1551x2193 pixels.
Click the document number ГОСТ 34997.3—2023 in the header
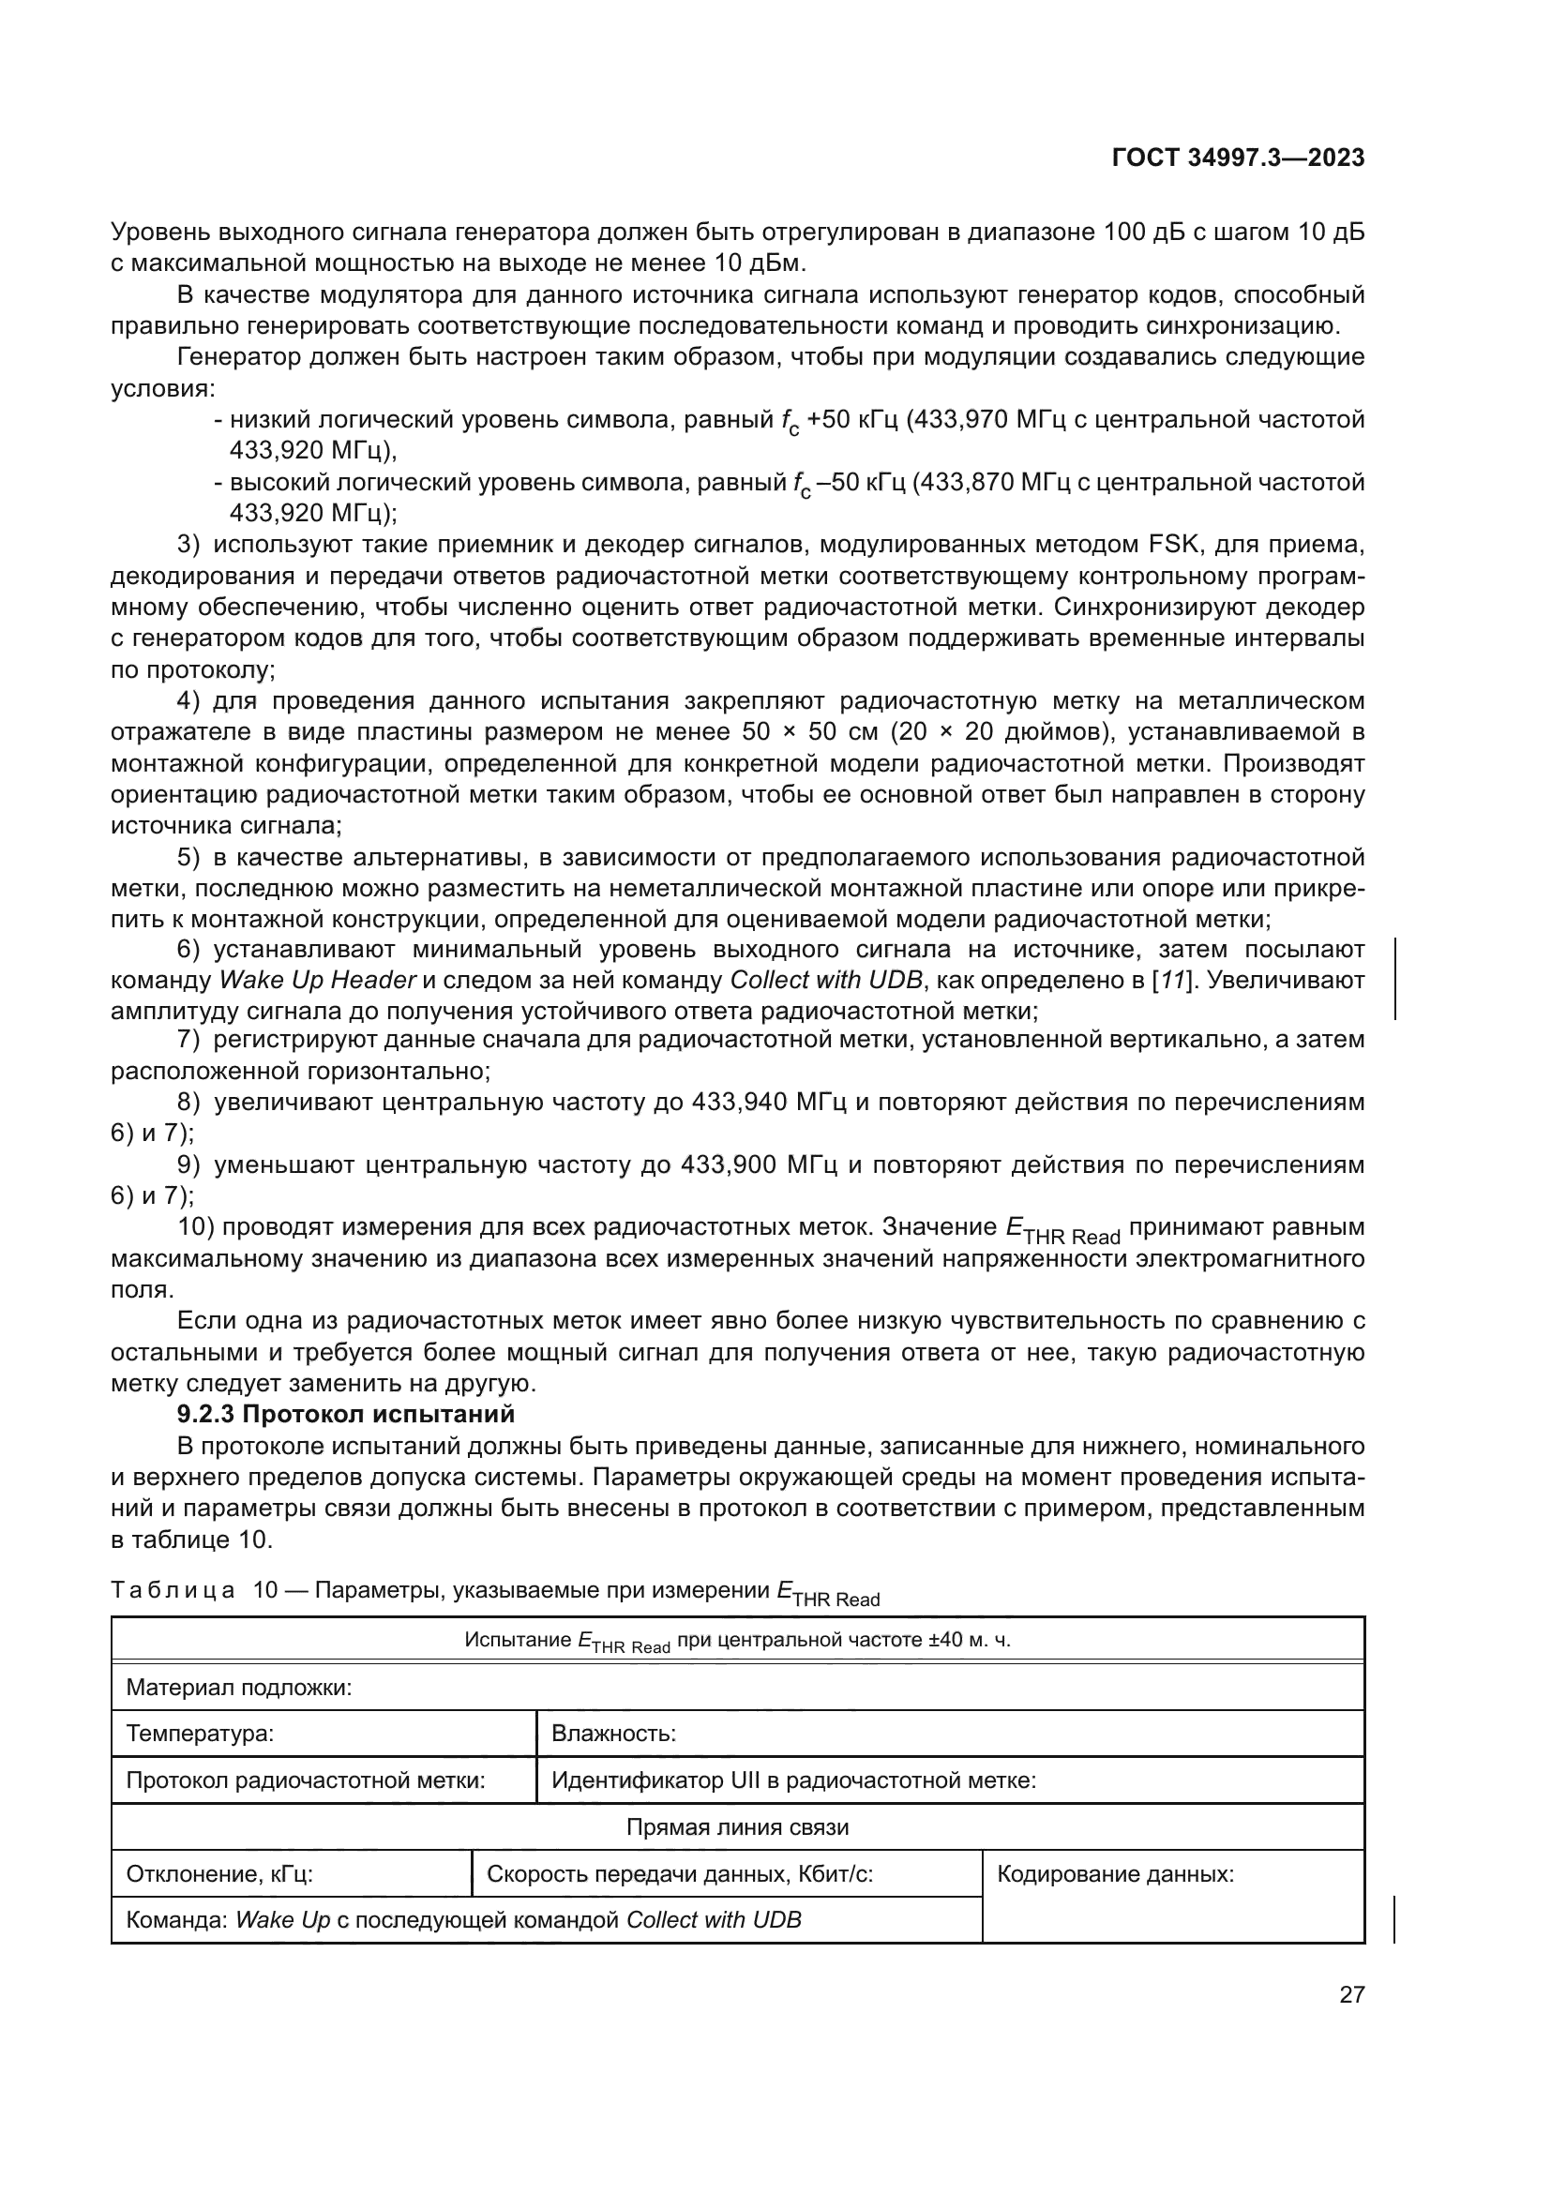1238,158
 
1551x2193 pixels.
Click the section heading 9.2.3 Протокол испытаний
346,1414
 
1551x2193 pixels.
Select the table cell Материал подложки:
239,1688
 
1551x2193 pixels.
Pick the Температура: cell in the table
200,1734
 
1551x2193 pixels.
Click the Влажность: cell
614,1734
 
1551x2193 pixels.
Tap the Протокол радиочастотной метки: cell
306,1780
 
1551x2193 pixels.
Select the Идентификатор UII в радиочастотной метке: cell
793,1780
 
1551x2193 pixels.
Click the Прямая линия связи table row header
736,1827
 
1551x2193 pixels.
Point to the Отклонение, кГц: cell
219,1874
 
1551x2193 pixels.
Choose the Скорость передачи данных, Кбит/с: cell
680,1874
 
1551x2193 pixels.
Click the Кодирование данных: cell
1115,1874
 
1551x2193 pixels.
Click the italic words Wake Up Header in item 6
318,981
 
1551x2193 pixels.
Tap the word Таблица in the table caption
173,1590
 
